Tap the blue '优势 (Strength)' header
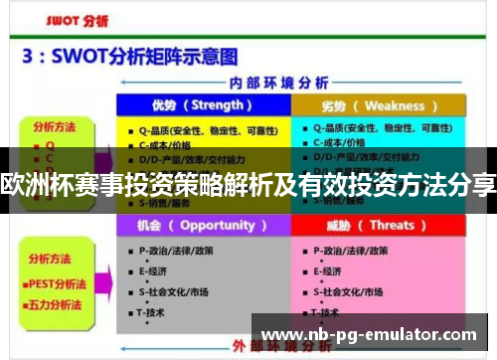203,106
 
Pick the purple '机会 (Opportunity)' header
203,226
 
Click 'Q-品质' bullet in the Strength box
193,128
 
